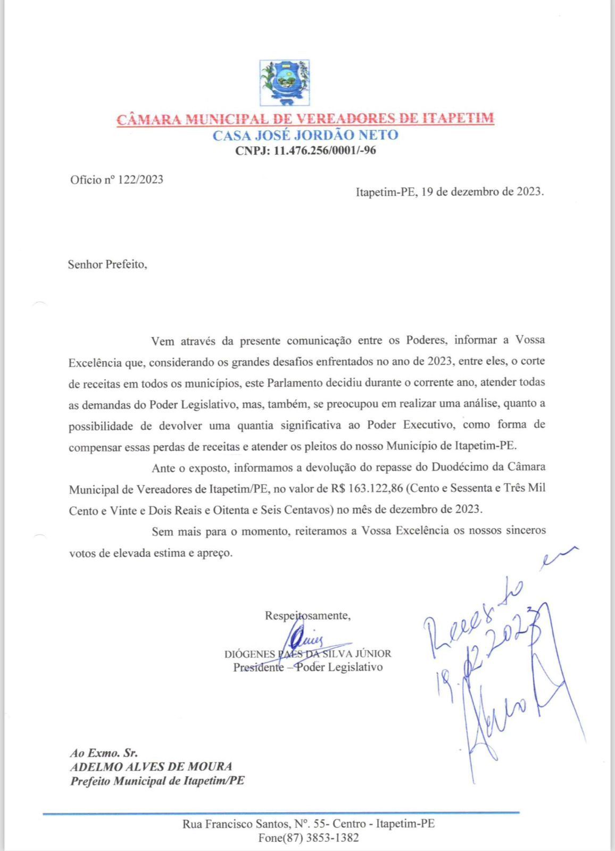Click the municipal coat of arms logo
pos(284,82)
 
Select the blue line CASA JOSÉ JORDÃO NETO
pos(305,135)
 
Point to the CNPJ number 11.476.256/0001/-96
pos(325,151)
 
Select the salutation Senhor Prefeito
pos(106,264)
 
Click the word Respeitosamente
pos(307,616)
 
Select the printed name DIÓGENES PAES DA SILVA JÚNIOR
pos(307,654)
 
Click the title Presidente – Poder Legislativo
pos(307,667)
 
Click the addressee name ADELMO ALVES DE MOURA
pos(151,767)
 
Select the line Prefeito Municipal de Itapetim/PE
pos(157,781)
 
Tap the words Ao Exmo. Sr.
pos(104,753)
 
